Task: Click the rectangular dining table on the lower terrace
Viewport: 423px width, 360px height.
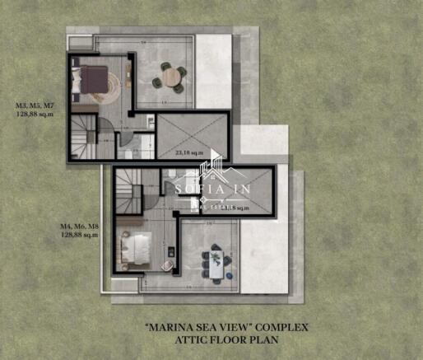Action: (x=216, y=261)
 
